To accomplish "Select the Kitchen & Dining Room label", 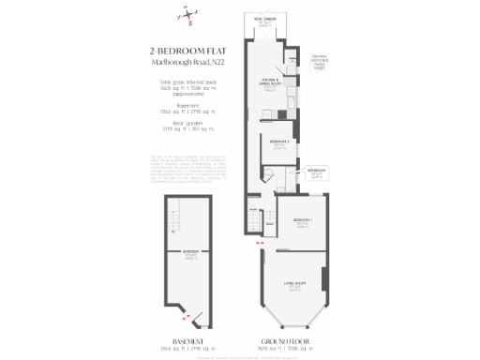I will point(271,82).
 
